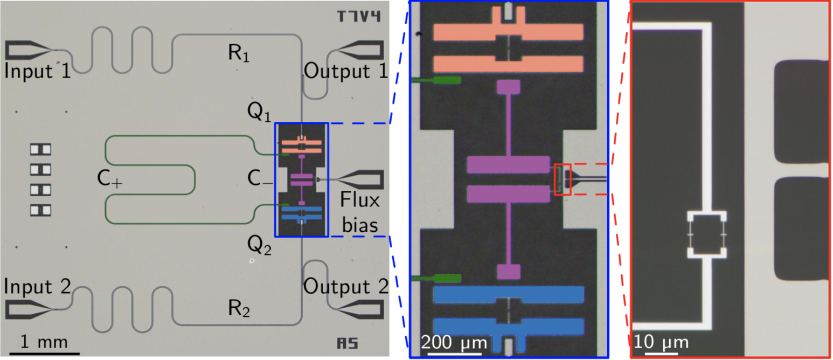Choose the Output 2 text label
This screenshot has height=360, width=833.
click(345, 286)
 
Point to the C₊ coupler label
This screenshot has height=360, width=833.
click(110, 182)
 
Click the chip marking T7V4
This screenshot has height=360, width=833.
click(359, 17)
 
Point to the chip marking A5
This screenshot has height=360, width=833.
click(347, 343)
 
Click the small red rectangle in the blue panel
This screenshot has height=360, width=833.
click(563, 179)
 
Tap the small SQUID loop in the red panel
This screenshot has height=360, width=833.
click(706, 234)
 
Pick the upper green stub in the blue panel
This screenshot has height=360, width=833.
click(436, 80)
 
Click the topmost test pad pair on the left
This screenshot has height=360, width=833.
click(40, 149)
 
